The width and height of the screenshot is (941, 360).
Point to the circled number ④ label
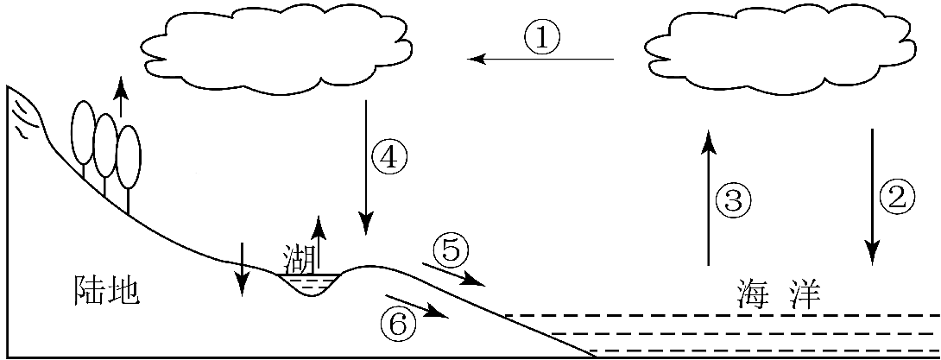388,157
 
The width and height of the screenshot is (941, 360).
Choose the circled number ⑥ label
397,324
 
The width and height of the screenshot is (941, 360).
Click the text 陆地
102,291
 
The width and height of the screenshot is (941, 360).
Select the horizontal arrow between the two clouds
540,59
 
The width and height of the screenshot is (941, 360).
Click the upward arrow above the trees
121,97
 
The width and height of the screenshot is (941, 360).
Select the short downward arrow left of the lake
243,267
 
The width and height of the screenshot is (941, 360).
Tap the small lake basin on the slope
312,282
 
